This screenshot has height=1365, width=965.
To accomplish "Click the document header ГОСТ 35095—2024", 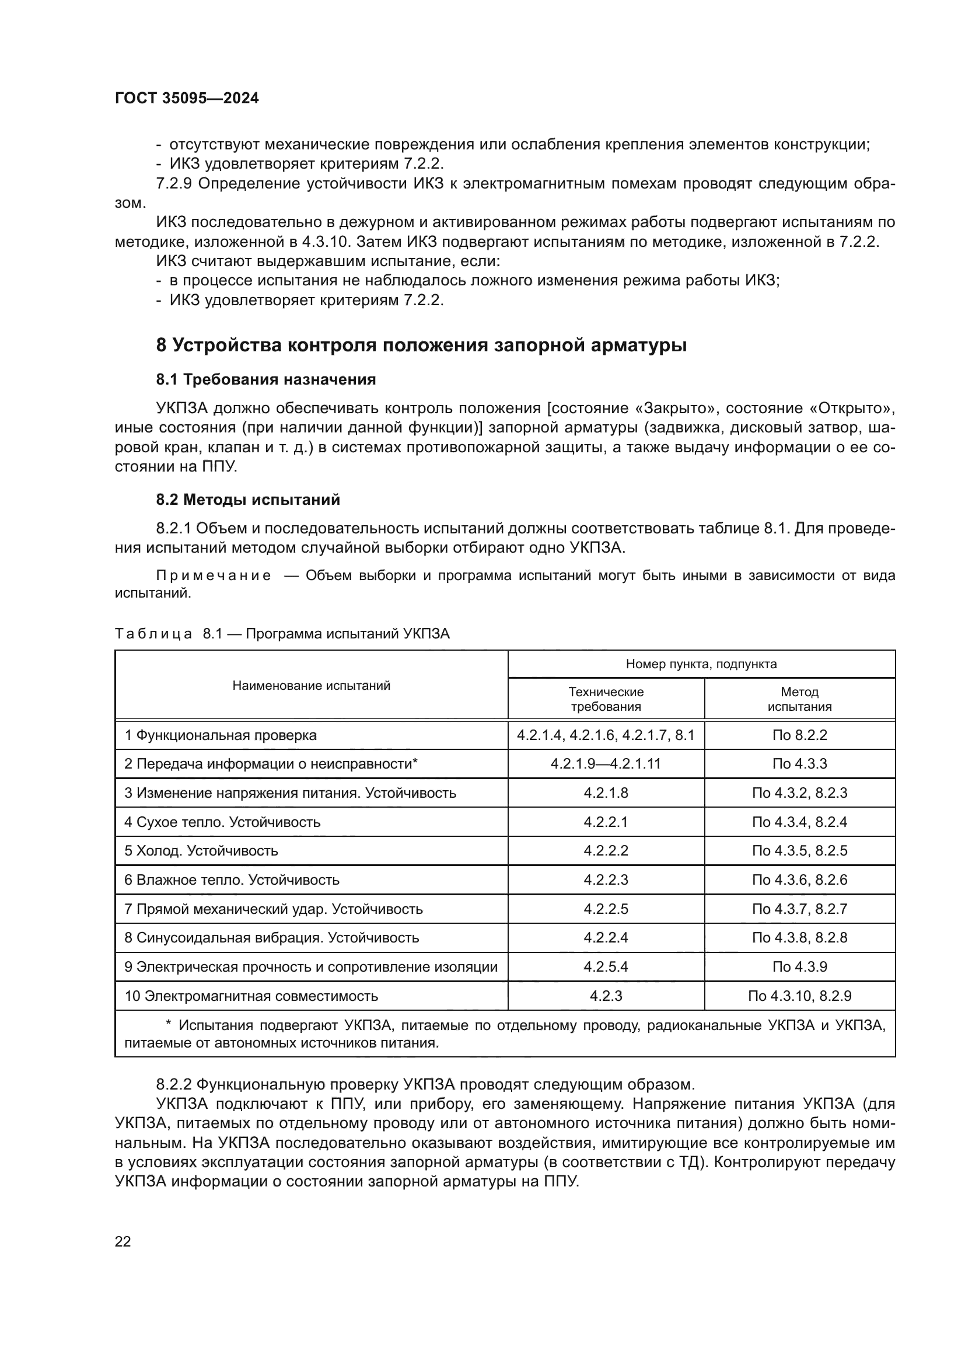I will pyautogui.click(x=187, y=99).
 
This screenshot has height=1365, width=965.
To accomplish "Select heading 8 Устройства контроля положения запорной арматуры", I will pyautogui.click(x=421, y=345).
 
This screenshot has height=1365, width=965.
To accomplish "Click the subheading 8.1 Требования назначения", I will pyautogui.click(x=265, y=379).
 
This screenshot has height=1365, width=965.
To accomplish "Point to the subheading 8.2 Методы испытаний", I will pyautogui.click(x=248, y=500).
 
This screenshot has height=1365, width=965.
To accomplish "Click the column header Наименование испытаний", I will pyautogui.click(x=312, y=686).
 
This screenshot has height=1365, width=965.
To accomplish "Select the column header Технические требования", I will pyautogui.click(x=606, y=699).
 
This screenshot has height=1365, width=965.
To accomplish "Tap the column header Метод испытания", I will pyautogui.click(x=799, y=699).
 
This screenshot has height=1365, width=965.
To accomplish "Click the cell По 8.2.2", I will pyautogui.click(x=799, y=735).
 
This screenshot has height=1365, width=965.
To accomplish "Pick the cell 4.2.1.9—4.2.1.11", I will pyautogui.click(x=606, y=764).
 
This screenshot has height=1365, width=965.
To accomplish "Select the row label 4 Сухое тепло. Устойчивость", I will pyautogui.click(x=222, y=822).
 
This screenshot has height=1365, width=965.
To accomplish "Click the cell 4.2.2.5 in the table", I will pyautogui.click(x=606, y=909).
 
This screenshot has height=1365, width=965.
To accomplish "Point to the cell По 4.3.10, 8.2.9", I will pyautogui.click(x=799, y=996).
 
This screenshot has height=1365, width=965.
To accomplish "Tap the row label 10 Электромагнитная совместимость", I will pyautogui.click(x=251, y=996).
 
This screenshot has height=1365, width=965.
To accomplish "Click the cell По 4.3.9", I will pyautogui.click(x=799, y=966).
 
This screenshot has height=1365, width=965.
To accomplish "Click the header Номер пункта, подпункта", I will pyautogui.click(x=701, y=664).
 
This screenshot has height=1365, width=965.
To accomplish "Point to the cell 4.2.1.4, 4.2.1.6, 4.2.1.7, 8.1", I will pyautogui.click(x=606, y=735).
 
